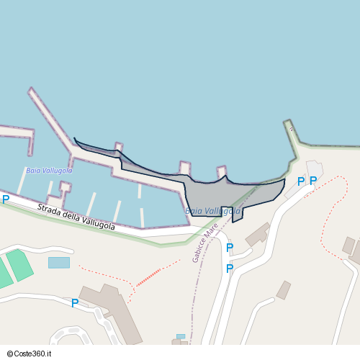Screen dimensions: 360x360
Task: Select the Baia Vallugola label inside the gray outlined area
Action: [x=212, y=211]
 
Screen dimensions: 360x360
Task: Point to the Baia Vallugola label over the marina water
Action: [x=49, y=171]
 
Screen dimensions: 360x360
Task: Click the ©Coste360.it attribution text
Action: [x=32, y=354]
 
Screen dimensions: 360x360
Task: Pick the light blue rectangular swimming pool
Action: [x=59, y=262]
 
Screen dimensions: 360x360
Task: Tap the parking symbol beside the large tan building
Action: [x=75, y=303]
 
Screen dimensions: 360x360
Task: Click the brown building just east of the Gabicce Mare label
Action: [x=257, y=233]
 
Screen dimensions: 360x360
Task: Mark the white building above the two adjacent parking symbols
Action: [x=315, y=170]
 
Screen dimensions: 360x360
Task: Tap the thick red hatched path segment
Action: [x=148, y=276]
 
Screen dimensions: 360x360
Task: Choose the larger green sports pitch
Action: [x=19, y=265]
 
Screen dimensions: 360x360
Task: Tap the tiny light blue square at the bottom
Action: [x=180, y=336]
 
